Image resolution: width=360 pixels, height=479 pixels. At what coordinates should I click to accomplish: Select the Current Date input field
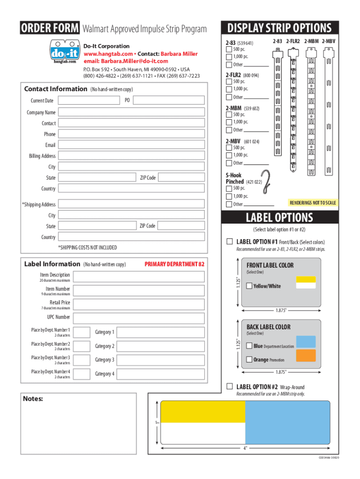89,100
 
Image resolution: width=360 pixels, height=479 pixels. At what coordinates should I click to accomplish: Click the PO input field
168,100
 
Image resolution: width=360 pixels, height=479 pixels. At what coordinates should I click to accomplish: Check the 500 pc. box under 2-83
229,50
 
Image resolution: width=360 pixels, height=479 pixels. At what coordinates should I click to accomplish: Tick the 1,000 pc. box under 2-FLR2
229,88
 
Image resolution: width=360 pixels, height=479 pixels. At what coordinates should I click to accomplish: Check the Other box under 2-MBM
229,130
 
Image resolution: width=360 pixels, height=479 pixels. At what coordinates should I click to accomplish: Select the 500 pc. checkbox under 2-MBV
229,147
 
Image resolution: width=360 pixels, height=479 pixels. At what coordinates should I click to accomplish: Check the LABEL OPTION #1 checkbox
230,242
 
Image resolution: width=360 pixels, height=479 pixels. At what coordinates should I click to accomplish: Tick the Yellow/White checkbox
249,286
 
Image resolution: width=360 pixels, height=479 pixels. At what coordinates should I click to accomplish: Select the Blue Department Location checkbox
249,346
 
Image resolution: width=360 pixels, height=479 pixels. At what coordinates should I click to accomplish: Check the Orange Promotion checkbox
249,360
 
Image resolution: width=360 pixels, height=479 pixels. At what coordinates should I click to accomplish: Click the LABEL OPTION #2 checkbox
230,387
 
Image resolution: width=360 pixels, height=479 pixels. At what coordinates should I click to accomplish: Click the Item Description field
139,277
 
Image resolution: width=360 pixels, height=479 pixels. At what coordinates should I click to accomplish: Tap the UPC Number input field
139,318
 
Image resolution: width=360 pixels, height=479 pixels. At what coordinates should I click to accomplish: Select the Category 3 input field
160,360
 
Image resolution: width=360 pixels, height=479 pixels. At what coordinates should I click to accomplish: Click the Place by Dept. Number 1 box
82,332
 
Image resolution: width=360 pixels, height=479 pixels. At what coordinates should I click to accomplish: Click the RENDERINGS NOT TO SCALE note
313,203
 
